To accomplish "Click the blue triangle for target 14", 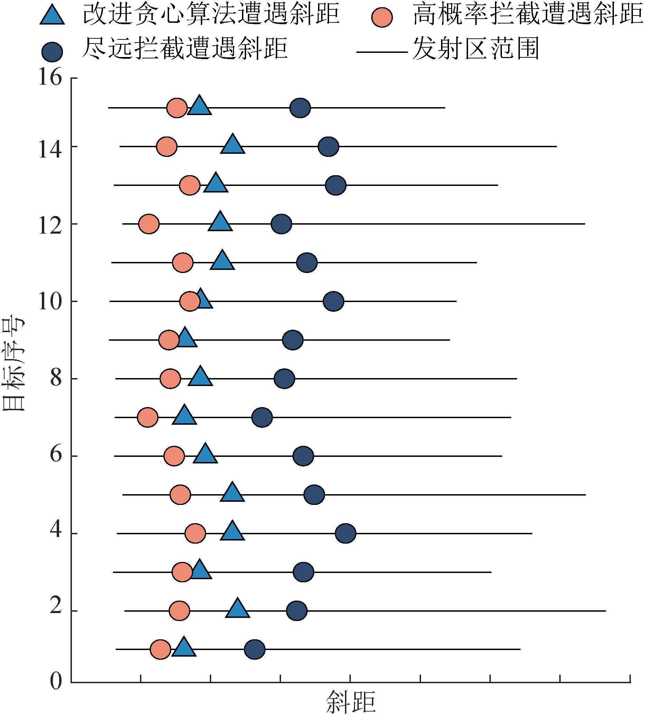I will click(x=233, y=144).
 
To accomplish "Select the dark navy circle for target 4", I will click(x=346, y=533).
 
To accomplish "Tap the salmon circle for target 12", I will click(x=149, y=224).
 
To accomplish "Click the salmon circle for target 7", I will click(x=148, y=417).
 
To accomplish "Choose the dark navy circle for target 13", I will click(x=336, y=185).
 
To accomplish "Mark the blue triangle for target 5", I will click(x=232, y=493).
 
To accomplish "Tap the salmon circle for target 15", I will click(x=177, y=108).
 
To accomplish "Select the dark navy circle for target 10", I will click(x=334, y=301).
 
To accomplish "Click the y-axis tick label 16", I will click(x=50, y=78).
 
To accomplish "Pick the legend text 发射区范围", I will click(x=476, y=48).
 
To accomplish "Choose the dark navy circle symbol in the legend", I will click(x=52, y=52).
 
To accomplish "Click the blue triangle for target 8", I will click(x=200, y=377).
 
